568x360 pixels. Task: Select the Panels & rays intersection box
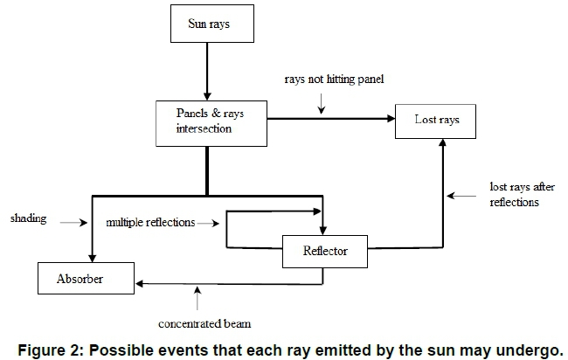(x=206, y=122)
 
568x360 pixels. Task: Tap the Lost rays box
(x=437, y=120)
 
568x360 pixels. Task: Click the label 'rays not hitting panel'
(x=334, y=80)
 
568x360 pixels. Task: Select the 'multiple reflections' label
(x=151, y=223)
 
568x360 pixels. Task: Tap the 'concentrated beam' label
(x=205, y=324)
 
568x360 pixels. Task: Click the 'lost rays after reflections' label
(x=515, y=195)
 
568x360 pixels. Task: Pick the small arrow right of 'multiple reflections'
(x=210, y=224)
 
